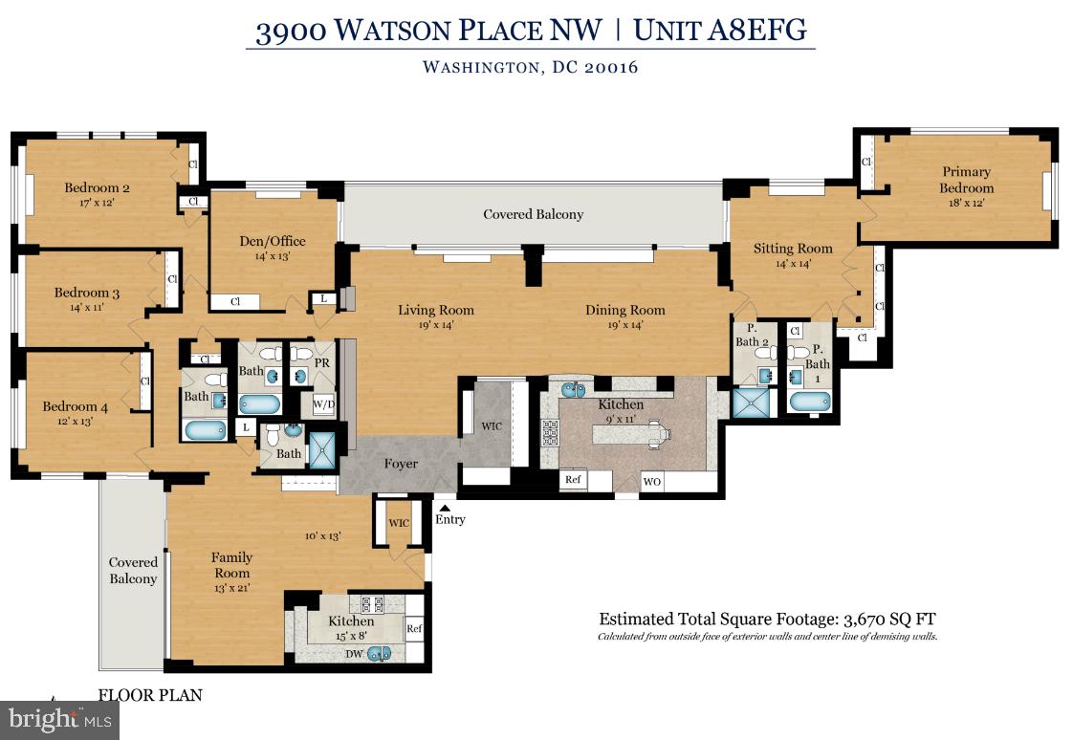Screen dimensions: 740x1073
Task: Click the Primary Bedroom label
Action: click(966, 180)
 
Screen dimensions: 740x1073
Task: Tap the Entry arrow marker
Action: click(443, 508)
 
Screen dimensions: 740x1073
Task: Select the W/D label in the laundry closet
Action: click(324, 404)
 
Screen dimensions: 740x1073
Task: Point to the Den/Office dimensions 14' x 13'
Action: click(272, 256)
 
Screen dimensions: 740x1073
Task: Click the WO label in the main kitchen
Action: click(651, 481)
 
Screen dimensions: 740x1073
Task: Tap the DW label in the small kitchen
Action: click(355, 653)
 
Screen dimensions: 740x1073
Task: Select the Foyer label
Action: click(401, 464)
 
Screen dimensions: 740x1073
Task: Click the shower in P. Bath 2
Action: click(751, 403)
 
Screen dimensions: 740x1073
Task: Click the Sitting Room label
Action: click(793, 249)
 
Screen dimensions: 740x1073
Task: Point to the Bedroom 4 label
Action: click(75, 406)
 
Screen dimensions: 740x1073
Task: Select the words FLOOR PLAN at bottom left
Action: click(150, 695)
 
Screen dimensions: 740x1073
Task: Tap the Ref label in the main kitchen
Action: click(573, 480)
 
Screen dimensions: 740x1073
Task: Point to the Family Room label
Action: click(231, 564)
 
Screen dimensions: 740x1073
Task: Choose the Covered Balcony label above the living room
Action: click(533, 214)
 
